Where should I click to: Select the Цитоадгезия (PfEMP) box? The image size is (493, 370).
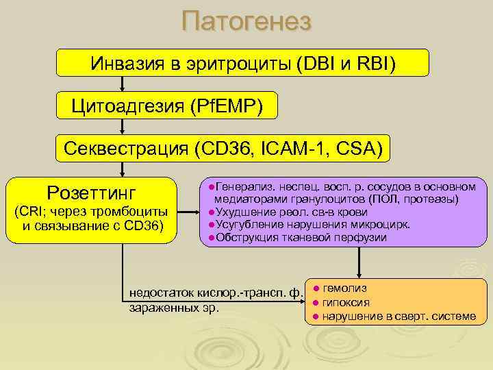[x=167, y=106]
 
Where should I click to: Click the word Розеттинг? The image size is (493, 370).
[x=92, y=190]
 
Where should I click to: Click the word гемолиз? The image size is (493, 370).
[x=344, y=288]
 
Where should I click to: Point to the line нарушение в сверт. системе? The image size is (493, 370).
[x=398, y=316]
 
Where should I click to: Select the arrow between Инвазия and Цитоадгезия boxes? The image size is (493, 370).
[x=123, y=84]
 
